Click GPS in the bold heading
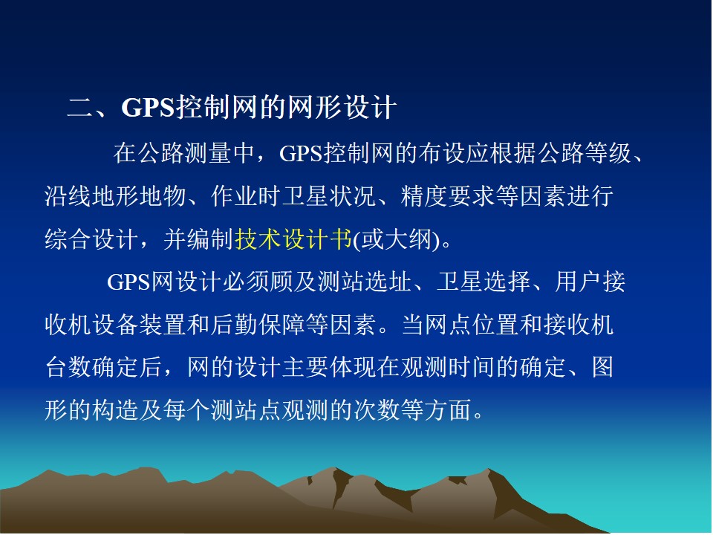pyautogui.click(x=149, y=108)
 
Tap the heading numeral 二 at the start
pyautogui.click(x=79, y=108)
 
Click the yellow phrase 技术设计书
pyautogui.click(x=294, y=239)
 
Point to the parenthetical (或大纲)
pyautogui.click(x=397, y=239)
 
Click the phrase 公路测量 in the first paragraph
pyautogui.click(x=160, y=153)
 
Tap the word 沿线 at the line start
pyautogui.click(x=68, y=195)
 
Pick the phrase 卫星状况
pyautogui.click(x=329, y=195)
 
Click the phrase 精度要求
pyautogui.click(x=448, y=195)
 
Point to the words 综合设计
pyautogui.click(x=92, y=239)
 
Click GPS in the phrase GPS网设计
pyautogui.click(x=128, y=282)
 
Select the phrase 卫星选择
pyautogui.click(x=484, y=282)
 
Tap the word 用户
pyautogui.click(x=579, y=282)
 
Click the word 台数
pyautogui.click(x=68, y=367)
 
